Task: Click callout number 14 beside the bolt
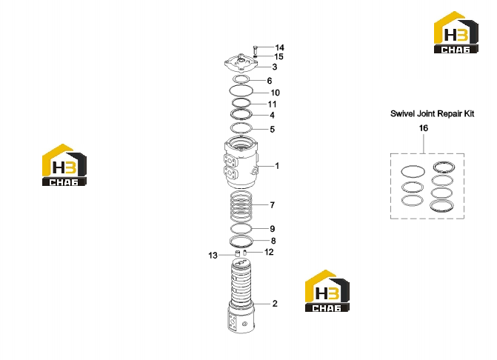[x=279, y=47]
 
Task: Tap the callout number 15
[x=278, y=57]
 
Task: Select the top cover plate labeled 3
[x=241, y=63]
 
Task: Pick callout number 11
[x=272, y=104]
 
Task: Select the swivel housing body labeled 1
[x=241, y=162]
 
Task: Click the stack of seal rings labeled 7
[x=241, y=207]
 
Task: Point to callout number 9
[x=273, y=229]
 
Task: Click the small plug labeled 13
[x=237, y=253]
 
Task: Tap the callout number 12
[x=269, y=253]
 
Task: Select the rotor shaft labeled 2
[x=241, y=296]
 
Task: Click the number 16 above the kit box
[x=424, y=128]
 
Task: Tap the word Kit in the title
[x=469, y=114]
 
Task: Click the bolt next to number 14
[x=255, y=50]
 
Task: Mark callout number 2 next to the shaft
[x=275, y=304]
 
